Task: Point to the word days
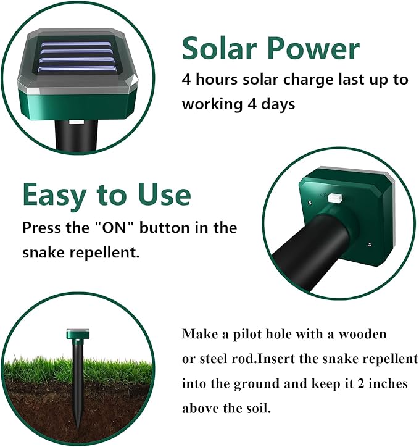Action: (276, 104)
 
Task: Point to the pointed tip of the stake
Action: (79, 419)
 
